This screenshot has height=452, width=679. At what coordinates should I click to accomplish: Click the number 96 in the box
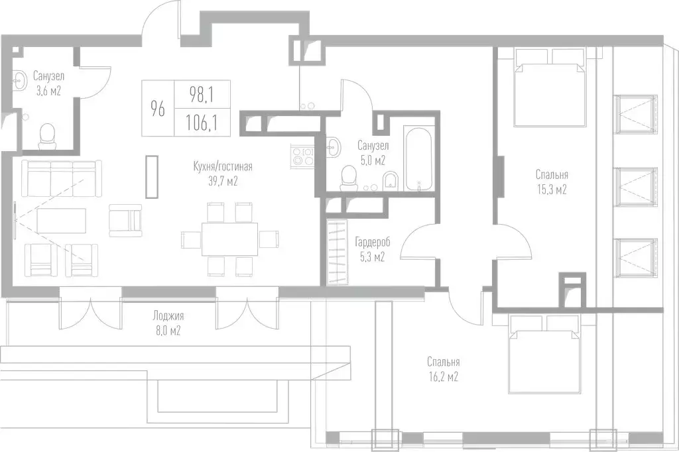[x=157, y=108]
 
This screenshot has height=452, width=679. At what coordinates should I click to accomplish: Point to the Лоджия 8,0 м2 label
[x=166, y=323]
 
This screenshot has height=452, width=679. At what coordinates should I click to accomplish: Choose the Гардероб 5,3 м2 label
[x=370, y=249]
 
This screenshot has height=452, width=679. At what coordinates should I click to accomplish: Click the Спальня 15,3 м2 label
[x=552, y=182]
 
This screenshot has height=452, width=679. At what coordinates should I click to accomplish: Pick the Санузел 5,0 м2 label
[x=371, y=152]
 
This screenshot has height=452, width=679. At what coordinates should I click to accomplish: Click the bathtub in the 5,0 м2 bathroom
[x=418, y=159]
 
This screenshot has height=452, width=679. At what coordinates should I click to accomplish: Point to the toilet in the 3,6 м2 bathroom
[x=47, y=136]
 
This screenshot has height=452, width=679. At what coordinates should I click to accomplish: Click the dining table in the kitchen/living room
[x=229, y=239]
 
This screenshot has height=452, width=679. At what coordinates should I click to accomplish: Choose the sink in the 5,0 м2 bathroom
[x=334, y=144]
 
